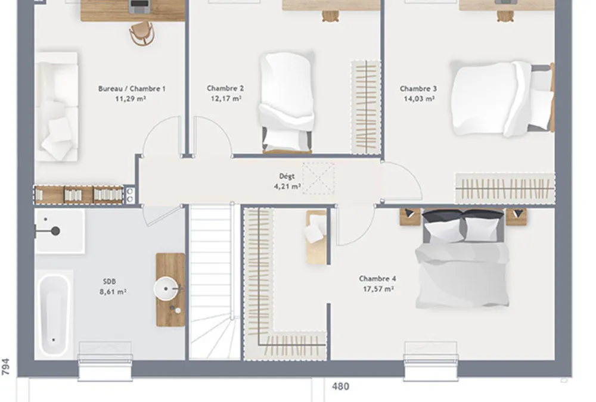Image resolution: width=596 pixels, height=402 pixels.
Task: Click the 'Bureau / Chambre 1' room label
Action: click(132, 89)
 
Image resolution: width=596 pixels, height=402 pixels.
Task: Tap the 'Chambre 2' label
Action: click(225, 88)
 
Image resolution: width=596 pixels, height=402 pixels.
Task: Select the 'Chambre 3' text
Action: click(418, 89)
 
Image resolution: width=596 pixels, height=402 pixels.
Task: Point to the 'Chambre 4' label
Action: click(377, 279)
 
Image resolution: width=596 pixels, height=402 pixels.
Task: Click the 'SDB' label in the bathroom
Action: click(110, 282)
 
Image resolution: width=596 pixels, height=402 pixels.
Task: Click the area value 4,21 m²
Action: click(287, 186)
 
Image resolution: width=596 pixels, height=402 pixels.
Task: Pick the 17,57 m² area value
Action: click(378, 289)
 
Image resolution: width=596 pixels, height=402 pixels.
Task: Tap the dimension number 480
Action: click(340, 387)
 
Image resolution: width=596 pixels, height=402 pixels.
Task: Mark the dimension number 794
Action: click(6, 367)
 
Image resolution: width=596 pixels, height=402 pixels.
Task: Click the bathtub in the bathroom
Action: click(54, 315)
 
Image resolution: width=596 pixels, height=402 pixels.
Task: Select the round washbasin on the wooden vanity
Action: click(166, 289)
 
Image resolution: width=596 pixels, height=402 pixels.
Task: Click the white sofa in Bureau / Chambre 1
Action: click(57, 107)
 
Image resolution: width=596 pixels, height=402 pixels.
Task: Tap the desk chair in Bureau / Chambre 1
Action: click(142, 33)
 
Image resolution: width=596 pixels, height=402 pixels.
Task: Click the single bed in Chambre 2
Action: click(287, 102)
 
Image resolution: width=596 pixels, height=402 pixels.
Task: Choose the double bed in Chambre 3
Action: click(502, 98)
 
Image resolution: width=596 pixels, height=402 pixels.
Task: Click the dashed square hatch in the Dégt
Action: click(318, 178)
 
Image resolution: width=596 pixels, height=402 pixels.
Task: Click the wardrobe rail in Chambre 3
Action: click(505, 188)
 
